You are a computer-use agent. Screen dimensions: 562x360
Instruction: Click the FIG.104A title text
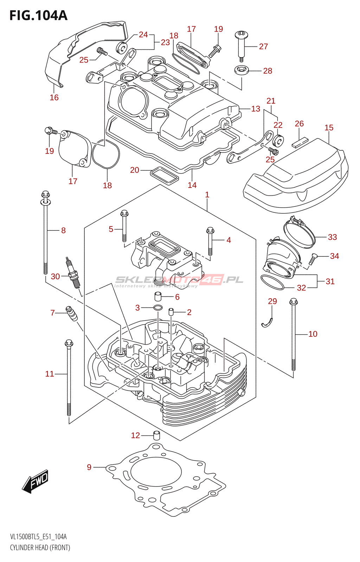(38, 15)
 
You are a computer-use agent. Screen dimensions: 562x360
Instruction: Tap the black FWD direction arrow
(35, 481)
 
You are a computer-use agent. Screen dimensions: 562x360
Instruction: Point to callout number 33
(332, 237)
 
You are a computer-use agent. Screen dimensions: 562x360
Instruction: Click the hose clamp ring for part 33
(299, 232)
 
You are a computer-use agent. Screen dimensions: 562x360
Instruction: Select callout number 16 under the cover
(54, 98)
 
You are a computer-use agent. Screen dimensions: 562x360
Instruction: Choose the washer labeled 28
(242, 70)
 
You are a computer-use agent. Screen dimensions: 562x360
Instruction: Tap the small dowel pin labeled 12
(156, 435)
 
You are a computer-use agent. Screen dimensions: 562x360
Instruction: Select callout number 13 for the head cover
(256, 109)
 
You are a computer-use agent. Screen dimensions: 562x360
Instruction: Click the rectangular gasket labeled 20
(164, 176)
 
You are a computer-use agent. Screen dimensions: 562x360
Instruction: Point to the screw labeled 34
(312, 259)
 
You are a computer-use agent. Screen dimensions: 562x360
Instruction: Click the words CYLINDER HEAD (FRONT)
(40, 547)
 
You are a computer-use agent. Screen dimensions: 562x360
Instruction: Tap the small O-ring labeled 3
(158, 308)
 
